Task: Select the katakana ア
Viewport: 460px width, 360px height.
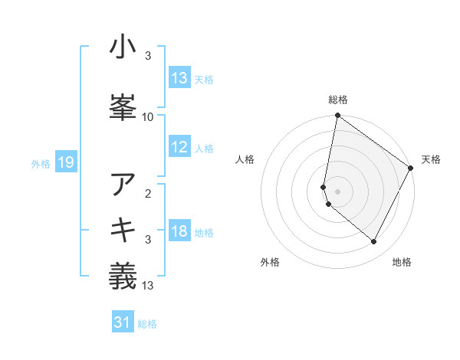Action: tap(123, 184)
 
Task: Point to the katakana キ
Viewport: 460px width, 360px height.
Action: tap(123, 230)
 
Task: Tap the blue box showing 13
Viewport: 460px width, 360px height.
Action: tap(179, 77)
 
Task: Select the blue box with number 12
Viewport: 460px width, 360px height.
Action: tap(179, 148)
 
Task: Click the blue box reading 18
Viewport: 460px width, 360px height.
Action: tap(179, 232)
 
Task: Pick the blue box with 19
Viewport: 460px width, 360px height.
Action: tap(65, 162)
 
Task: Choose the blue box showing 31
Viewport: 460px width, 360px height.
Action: tap(123, 323)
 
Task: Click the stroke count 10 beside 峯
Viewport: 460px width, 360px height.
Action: tap(148, 116)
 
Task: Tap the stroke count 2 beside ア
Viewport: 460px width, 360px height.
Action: tap(148, 193)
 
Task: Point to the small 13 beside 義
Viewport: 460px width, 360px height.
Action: tap(148, 286)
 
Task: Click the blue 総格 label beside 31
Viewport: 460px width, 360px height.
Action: tap(147, 325)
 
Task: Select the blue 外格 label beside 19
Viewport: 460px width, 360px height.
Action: tap(41, 163)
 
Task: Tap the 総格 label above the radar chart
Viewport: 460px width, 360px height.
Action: tap(337, 100)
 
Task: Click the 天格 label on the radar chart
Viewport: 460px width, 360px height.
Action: tap(431, 159)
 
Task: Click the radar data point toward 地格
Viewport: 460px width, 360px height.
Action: tap(374, 242)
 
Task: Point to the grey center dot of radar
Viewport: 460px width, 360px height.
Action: tap(337, 191)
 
